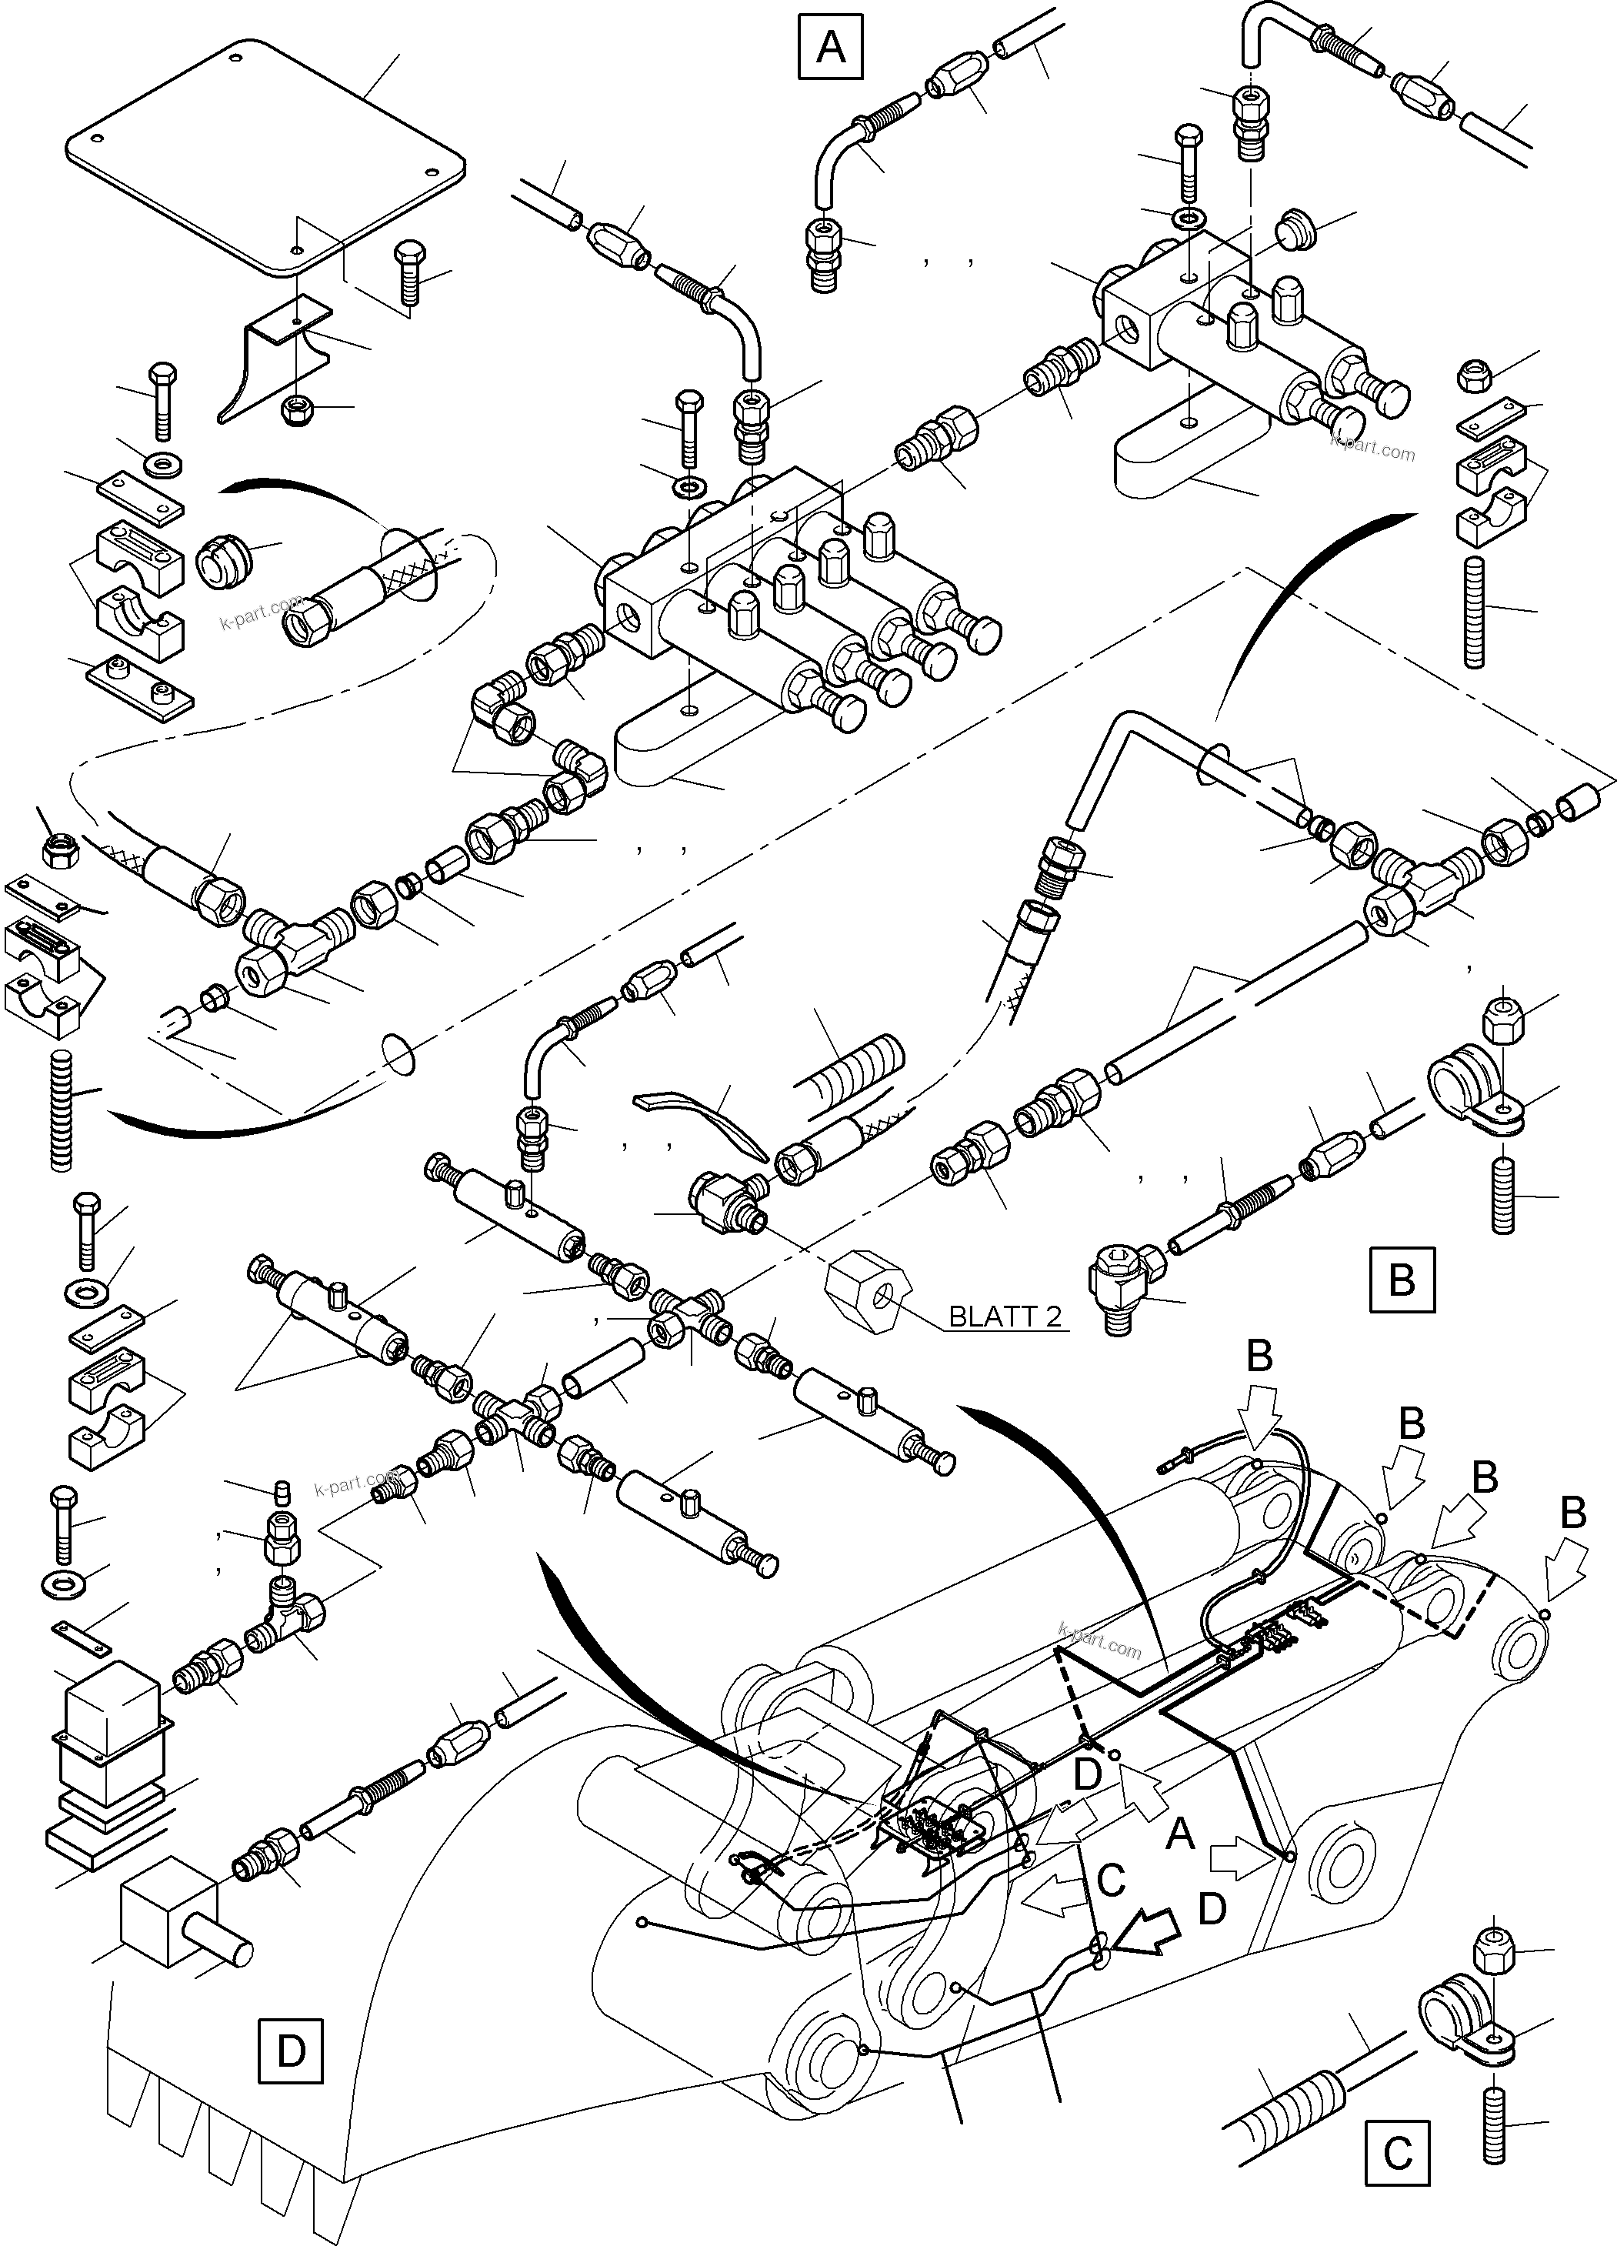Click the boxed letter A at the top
pos(830,46)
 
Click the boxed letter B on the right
pos(1401,1280)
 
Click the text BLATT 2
pos(1004,1316)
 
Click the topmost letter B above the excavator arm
pos(1259,1356)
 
